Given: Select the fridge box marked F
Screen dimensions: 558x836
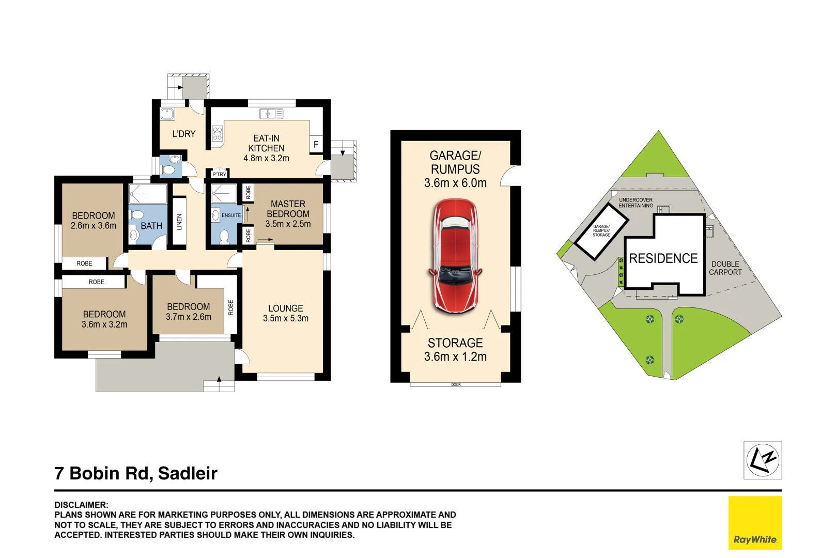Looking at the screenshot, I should click(316, 145).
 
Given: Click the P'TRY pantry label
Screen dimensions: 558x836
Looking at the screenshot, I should click(220, 174).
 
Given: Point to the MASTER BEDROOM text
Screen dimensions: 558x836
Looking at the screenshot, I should click(288, 209).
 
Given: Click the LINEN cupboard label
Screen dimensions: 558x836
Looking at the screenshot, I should click(179, 222).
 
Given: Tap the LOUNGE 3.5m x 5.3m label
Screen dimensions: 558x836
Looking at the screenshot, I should click(285, 313).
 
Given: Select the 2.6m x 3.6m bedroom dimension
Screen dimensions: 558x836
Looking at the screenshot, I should click(94, 226).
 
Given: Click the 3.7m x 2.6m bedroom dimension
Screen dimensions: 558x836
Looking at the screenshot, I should click(188, 317).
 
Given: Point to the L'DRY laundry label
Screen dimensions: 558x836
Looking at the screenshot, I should click(184, 134).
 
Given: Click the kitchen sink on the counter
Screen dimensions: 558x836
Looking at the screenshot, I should click(271, 114).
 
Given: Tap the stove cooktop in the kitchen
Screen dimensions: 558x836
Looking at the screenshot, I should click(218, 133).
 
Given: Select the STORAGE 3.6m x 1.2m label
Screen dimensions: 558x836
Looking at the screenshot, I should click(455, 350).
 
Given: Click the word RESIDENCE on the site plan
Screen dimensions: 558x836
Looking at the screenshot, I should click(663, 258).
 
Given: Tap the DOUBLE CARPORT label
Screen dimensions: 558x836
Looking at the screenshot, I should click(725, 268).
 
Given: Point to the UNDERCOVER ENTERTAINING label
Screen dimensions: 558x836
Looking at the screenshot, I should click(636, 203).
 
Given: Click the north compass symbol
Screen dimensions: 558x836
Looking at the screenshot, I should click(762, 460).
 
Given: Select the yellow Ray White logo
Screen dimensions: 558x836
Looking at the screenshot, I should click(755, 522).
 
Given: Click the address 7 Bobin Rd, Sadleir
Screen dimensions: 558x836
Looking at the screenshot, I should click(136, 473).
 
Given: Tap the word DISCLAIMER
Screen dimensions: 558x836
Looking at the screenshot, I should click(81, 505).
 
